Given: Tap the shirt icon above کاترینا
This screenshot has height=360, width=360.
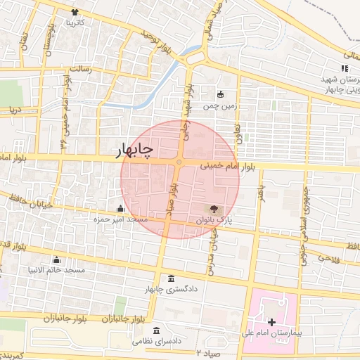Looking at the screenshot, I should [75, 13].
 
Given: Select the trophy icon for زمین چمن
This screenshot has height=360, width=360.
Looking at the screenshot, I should [220, 95].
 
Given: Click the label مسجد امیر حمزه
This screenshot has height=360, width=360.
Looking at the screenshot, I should [121, 219].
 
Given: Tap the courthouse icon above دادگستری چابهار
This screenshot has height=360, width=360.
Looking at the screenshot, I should [172, 278].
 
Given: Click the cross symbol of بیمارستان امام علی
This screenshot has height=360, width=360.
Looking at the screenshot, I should [272, 321].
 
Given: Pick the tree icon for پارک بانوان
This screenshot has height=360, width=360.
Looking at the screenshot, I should [214, 209].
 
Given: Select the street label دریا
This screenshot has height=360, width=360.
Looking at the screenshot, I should [14, 110].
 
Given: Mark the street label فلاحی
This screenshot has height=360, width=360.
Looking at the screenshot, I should [327, 258].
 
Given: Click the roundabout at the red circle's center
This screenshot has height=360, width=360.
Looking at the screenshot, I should [179, 163].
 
